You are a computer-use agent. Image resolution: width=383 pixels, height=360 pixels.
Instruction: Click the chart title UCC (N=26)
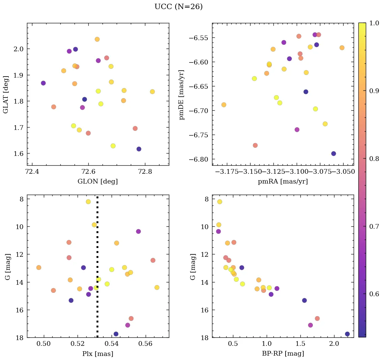coord(178,7)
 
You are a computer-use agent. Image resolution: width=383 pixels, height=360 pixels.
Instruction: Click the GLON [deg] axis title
coord(98,182)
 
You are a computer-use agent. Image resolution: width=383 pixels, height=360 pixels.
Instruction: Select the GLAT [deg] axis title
coord(6,94)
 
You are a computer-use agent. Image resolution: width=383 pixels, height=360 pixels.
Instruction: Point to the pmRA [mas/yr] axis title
coord(283,182)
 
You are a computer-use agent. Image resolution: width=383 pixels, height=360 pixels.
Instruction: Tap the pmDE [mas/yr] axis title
coord(182,94)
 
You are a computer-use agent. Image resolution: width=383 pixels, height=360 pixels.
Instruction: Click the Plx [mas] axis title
coord(98,354)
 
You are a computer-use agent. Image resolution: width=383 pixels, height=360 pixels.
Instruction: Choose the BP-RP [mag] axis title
coord(283,354)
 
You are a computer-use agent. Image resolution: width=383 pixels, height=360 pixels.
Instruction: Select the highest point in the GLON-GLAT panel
coord(97,39)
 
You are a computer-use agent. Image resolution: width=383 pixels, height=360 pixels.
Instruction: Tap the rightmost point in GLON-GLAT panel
coord(152,92)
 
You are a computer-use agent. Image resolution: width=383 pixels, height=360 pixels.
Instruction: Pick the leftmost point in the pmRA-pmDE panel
coord(224,105)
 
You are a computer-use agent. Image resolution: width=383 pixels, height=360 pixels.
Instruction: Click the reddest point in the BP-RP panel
coord(347,334)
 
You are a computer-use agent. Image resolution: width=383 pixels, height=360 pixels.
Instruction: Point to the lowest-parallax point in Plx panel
coord(39,268)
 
